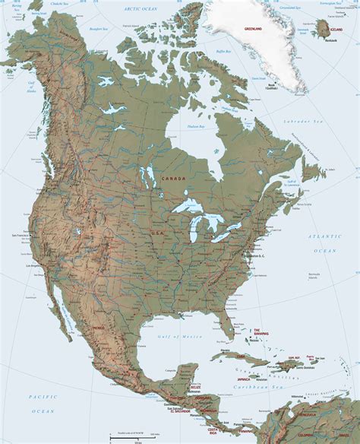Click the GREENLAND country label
coord(253,27)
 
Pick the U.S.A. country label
coord(159,233)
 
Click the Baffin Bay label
coord(223,52)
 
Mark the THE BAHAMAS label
coord(261,333)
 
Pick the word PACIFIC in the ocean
coord(38,398)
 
